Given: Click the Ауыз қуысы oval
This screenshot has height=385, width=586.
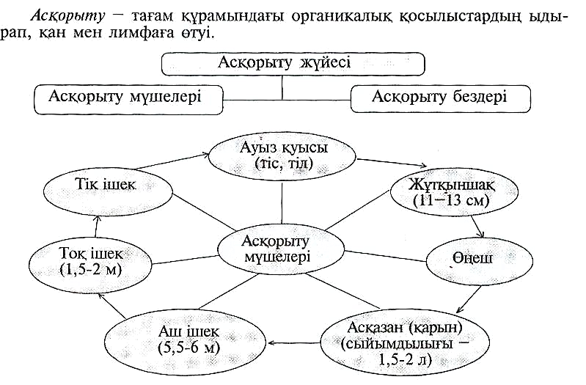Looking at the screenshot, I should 283,156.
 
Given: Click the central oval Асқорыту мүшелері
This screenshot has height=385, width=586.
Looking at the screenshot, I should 283,248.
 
